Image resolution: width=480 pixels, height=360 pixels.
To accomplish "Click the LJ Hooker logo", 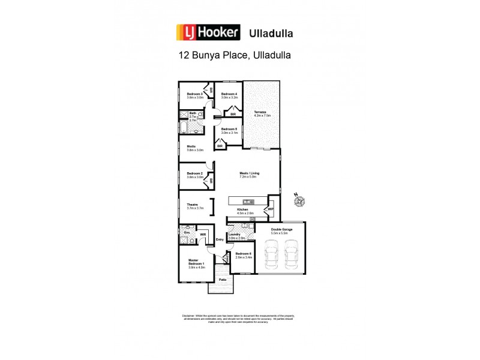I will click(207, 32).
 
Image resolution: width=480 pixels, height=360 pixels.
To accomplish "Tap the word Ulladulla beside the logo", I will click(272, 32).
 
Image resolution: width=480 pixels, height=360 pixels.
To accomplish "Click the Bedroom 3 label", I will click(195, 94).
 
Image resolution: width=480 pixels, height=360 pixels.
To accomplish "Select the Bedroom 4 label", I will click(229, 94).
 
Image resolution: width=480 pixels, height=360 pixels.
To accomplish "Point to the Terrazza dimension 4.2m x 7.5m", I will click(262, 115).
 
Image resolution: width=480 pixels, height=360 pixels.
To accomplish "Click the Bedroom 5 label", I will click(229, 130).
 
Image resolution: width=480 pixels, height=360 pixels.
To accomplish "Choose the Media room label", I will click(191, 146).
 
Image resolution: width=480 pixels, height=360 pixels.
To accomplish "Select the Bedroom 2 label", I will click(194, 174).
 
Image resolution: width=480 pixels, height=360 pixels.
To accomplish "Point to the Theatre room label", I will click(192, 205).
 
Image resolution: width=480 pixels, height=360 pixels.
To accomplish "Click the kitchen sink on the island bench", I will click(246, 201).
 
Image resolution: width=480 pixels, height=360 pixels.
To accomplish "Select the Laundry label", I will click(235, 235).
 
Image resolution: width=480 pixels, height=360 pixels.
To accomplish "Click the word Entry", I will click(219, 240).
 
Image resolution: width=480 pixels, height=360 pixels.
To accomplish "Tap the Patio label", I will click(221, 280).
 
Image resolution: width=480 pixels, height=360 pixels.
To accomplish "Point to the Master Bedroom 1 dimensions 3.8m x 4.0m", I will click(197, 268).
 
